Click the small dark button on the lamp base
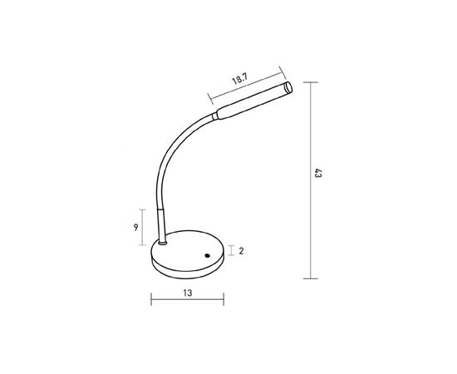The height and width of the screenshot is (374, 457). click(x=207, y=254)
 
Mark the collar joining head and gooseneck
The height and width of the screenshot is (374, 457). click(x=216, y=116)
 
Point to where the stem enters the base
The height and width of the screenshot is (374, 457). click(x=164, y=244)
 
